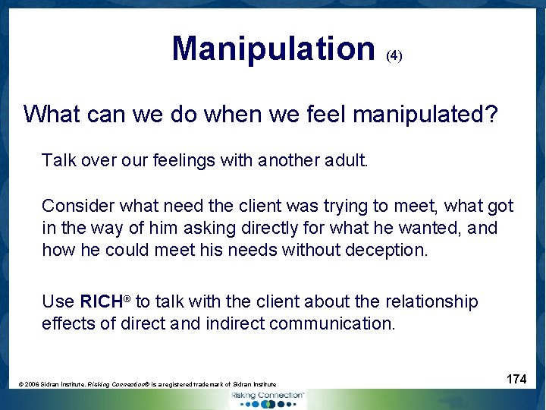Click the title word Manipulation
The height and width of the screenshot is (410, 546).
pos(273,49)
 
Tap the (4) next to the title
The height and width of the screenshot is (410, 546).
pos(394,55)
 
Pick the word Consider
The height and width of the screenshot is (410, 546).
pos(76,206)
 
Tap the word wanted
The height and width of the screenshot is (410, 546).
pos(444,228)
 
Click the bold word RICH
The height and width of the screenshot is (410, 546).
pos(101,301)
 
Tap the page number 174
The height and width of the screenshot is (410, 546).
pos(516,379)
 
